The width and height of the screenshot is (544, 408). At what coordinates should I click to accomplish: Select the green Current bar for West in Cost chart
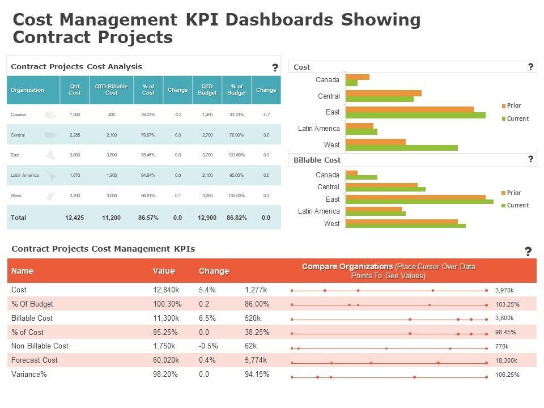click(401, 148)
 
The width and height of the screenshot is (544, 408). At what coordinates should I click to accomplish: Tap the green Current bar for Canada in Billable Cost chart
click(361, 177)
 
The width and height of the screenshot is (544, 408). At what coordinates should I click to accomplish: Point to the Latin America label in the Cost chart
click(319, 129)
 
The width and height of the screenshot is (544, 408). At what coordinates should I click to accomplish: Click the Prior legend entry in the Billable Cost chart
click(513, 193)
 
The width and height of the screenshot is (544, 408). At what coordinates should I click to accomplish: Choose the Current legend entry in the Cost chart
click(517, 118)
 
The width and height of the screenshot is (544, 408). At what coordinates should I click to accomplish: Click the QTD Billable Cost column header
click(111, 90)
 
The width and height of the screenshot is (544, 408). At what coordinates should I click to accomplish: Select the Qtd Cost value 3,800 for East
click(75, 155)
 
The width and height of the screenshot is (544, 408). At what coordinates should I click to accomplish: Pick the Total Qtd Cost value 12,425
click(74, 218)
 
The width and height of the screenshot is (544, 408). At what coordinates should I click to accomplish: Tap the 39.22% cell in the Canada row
click(148, 114)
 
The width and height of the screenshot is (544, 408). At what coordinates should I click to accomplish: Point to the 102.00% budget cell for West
click(236, 196)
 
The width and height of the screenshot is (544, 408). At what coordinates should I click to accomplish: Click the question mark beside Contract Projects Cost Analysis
click(275, 68)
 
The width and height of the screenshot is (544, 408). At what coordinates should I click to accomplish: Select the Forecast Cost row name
click(35, 360)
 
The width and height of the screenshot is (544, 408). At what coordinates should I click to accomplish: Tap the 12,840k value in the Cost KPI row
click(166, 290)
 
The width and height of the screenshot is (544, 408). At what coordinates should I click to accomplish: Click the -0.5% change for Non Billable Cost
click(208, 346)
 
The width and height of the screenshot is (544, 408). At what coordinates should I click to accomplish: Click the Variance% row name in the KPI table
click(29, 374)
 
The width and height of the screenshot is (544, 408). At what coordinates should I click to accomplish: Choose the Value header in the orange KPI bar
click(164, 271)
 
